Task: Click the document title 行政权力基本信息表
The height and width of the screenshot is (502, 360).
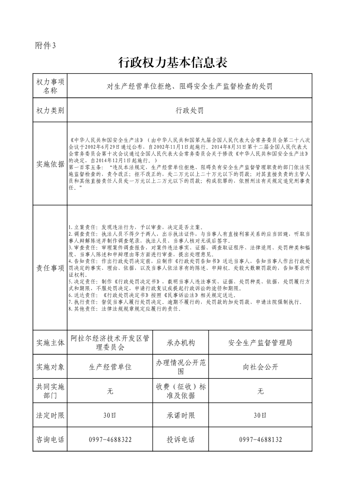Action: coord(172,63)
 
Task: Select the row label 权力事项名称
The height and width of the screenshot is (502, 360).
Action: coord(50,86)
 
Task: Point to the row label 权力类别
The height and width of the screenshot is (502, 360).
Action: coord(50,110)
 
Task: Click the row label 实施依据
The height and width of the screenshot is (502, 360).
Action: coord(50,164)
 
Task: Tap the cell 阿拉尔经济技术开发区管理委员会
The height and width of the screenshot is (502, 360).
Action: coord(110,343)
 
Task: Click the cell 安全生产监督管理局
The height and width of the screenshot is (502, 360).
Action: coord(260,343)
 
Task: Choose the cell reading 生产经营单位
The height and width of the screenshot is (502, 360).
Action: coord(110,367)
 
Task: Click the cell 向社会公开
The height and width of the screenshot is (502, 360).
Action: coord(260,367)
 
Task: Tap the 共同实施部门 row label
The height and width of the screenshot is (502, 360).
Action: coord(50,391)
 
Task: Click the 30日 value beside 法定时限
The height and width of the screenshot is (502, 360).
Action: coord(110,415)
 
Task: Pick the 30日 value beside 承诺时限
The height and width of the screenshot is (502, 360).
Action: coord(260,415)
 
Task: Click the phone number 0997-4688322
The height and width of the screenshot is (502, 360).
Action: coord(110,439)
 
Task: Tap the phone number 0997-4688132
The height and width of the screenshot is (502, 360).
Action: coord(260,439)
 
